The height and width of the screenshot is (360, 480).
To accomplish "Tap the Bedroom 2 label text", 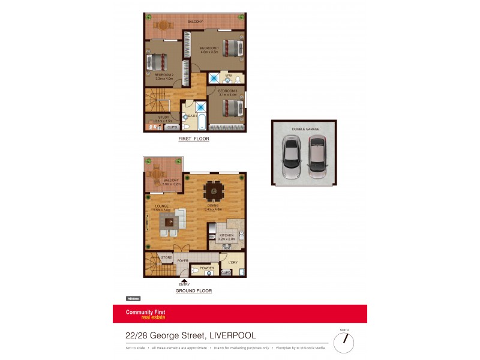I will click(164, 75).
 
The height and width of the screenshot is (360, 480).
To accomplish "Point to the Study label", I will click(164, 117).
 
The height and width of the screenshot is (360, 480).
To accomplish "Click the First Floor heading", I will click(193, 139).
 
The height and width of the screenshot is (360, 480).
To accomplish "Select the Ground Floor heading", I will click(193, 290).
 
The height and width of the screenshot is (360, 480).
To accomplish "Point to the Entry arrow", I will click(185, 280).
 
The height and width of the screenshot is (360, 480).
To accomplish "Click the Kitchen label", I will click(226, 235).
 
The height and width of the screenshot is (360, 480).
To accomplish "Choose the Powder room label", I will click(206, 268).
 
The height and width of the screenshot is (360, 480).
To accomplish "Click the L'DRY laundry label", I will click(233, 262).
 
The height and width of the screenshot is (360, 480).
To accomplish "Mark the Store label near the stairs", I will click(166, 257).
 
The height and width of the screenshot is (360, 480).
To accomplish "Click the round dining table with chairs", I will click(214, 191).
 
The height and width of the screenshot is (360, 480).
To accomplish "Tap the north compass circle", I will click(344, 342).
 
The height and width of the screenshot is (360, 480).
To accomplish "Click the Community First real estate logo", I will click(145, 314).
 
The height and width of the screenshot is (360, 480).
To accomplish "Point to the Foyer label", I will click(182, 261).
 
